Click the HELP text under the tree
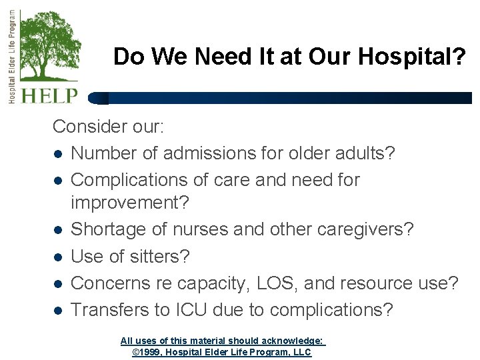49,95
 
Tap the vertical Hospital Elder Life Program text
13,56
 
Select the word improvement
129,202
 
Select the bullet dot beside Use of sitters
58,257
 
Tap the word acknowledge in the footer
291,341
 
